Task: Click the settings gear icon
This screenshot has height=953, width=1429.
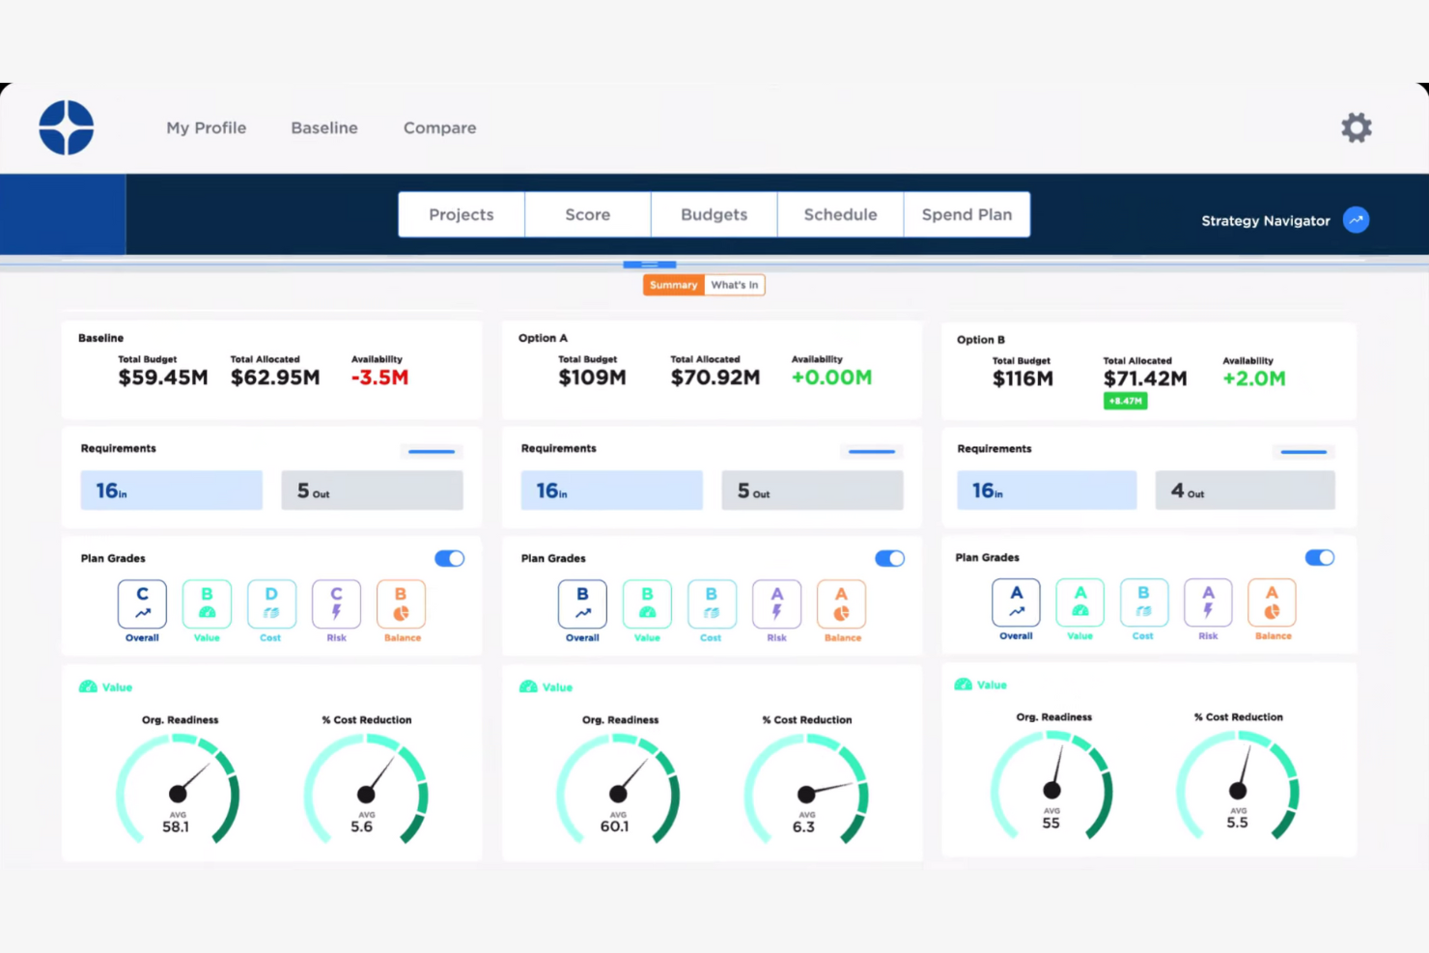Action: (1356, 127)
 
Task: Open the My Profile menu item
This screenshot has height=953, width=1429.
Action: (206, 127)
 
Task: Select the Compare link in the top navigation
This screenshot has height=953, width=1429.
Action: (439, 127)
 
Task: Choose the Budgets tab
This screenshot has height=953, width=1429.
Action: (714, 214)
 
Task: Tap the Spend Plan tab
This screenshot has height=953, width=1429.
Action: (967, 214)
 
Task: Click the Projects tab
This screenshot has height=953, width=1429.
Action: (462, 214)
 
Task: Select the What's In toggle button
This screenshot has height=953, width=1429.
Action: (734, 285)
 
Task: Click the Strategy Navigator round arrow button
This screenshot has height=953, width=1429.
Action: (1356, 220)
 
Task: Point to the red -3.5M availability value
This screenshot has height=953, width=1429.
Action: (379, 378)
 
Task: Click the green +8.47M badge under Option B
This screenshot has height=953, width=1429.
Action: (1125, 401)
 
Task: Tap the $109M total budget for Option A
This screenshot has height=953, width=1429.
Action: (592, 378)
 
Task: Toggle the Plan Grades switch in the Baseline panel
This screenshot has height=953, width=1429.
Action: (449, 558)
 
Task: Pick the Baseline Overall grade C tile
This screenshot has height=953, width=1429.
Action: (142, 603)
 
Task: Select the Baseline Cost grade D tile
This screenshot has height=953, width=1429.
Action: (271, 603)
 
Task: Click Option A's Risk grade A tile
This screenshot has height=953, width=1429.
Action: (776, 603)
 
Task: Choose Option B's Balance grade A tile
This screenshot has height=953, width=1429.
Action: (1272, 602)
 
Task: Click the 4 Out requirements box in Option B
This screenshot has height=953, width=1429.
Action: (1245, 491)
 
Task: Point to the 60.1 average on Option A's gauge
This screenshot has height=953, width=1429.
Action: (614, 827)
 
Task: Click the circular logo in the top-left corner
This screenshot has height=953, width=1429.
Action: (67, 127)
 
